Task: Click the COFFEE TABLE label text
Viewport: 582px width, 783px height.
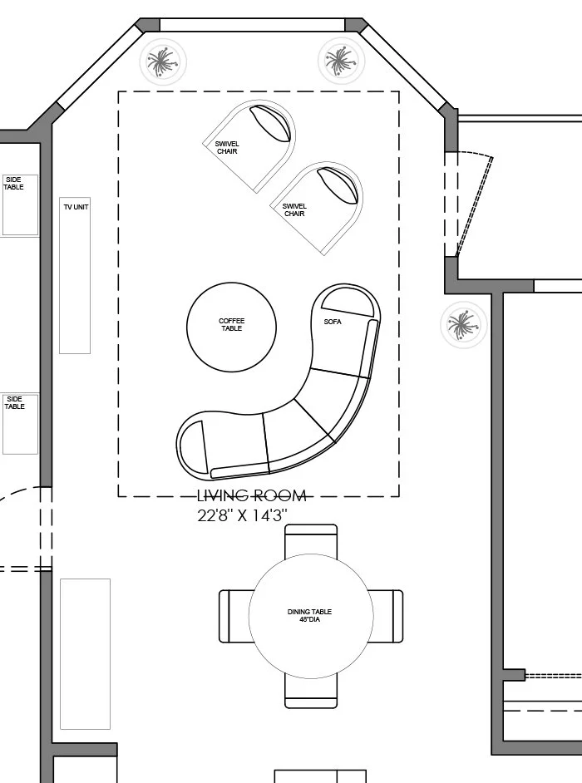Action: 231,325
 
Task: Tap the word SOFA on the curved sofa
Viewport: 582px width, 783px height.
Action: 333,322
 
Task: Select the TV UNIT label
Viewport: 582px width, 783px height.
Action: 75,207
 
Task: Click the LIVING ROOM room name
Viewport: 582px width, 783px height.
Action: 252,496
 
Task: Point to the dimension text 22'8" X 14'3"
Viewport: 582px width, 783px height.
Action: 242,515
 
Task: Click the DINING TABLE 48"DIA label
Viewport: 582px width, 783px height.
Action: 310,616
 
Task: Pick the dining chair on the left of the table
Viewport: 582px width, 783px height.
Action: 234,616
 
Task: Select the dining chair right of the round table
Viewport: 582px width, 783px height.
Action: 387,616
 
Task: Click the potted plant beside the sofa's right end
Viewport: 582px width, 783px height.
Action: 464,324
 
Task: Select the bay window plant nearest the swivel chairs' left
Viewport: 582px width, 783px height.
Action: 162,61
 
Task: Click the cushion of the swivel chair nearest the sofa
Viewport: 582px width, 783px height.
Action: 340,185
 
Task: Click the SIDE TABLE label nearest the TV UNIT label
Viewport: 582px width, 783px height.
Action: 14,183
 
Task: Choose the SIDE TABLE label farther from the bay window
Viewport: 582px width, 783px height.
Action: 14,402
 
